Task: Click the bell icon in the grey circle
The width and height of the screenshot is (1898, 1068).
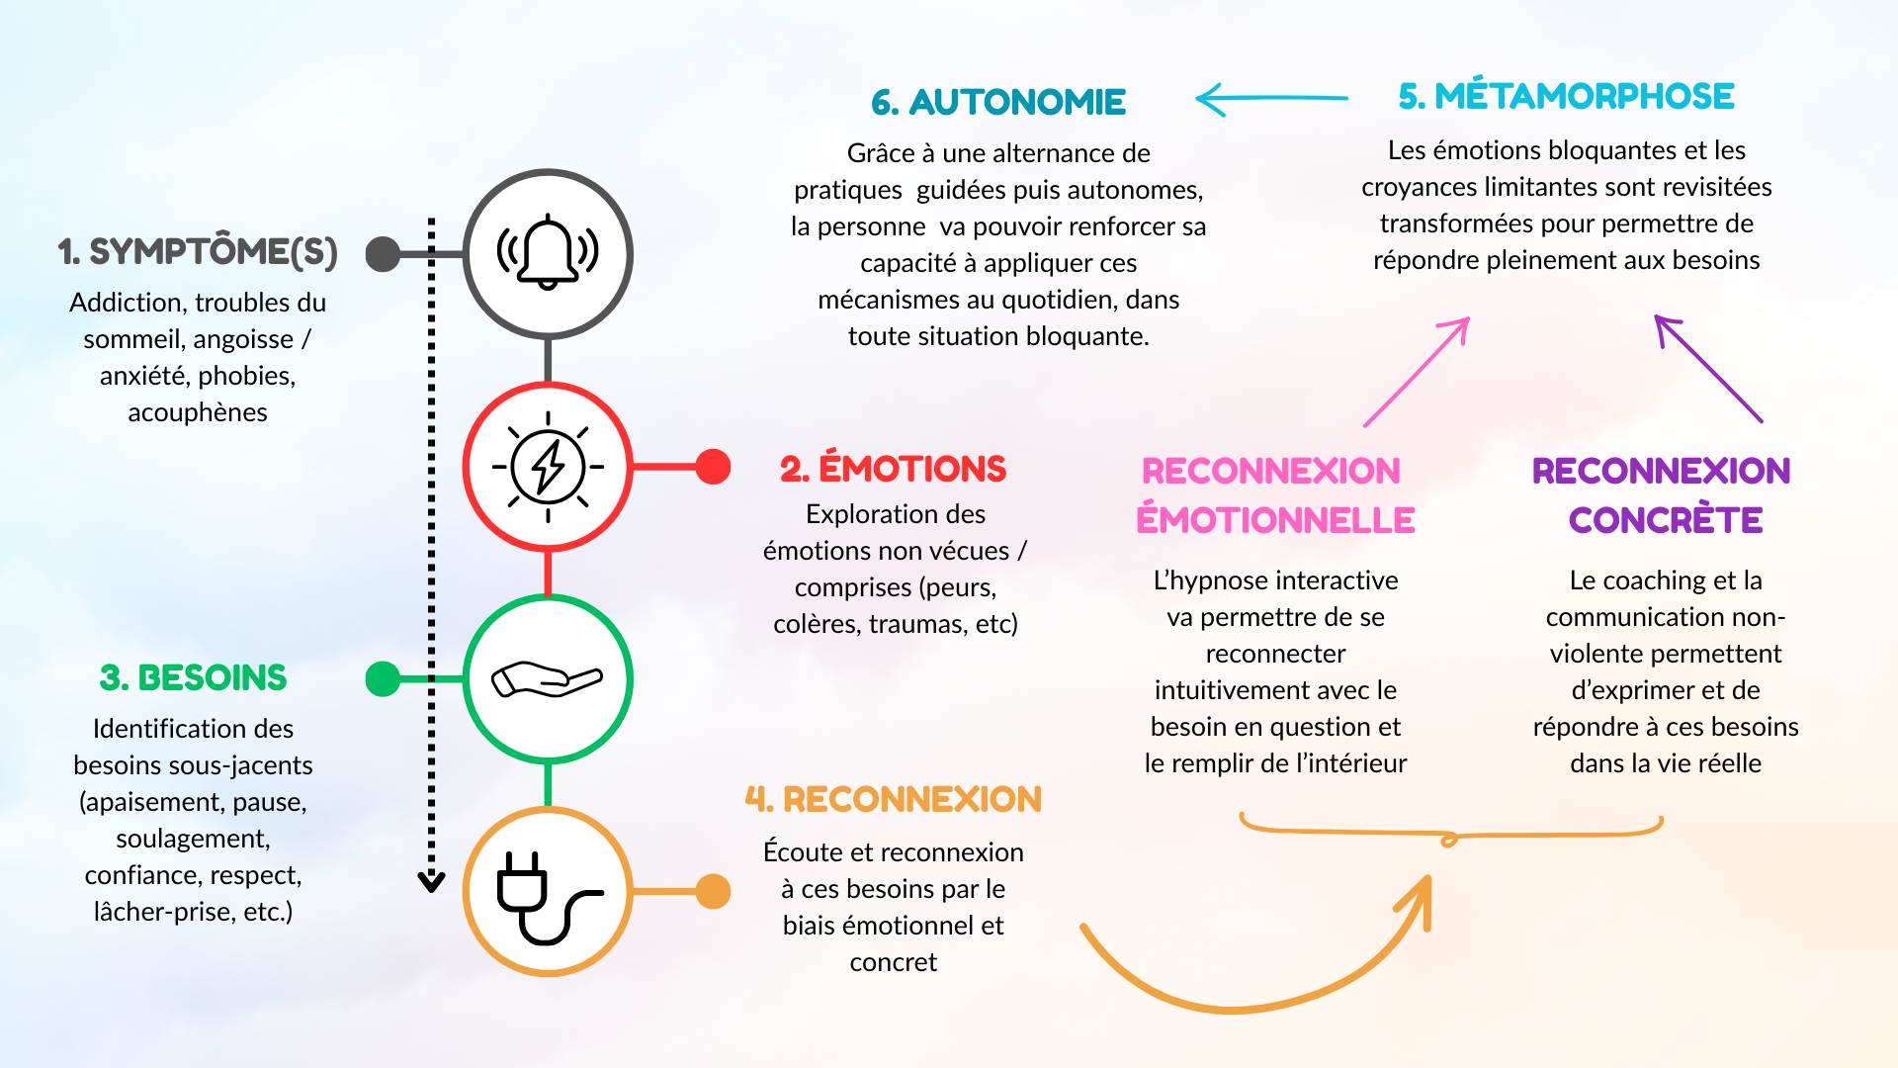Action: point(548,252)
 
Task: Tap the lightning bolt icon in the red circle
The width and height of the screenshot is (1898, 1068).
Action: point(548,466)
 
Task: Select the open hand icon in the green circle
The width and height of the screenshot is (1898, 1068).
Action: point(547,678)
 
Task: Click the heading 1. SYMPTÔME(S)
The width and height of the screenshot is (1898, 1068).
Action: point(198,252)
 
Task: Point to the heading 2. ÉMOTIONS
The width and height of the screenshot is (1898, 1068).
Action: point(893,469)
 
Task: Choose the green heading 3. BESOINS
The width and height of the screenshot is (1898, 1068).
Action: point(193,678)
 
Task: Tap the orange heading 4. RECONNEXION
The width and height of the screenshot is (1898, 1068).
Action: point(893,799)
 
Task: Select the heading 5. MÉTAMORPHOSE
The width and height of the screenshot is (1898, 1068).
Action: point(1566,96)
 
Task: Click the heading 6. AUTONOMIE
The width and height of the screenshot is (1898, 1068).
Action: point(998,102)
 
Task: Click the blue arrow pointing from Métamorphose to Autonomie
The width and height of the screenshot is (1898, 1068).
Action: point(1271,99)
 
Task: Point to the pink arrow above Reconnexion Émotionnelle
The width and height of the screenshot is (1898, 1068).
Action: point(1417,372)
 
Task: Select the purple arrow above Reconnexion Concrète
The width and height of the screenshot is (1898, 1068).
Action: point(1708,369)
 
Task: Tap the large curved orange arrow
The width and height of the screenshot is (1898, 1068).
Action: point(1236,1009)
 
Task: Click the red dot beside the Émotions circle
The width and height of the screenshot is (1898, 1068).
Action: point(713,466)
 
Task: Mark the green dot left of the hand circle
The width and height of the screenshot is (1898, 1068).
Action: point(383,678)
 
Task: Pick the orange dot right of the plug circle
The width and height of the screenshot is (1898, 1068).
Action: point(713,891)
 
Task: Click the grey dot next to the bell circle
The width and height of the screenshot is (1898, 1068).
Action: point(383,253)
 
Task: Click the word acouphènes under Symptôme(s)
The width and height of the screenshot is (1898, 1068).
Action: point(198,412)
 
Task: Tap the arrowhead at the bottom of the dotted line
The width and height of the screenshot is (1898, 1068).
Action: point(431,882)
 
